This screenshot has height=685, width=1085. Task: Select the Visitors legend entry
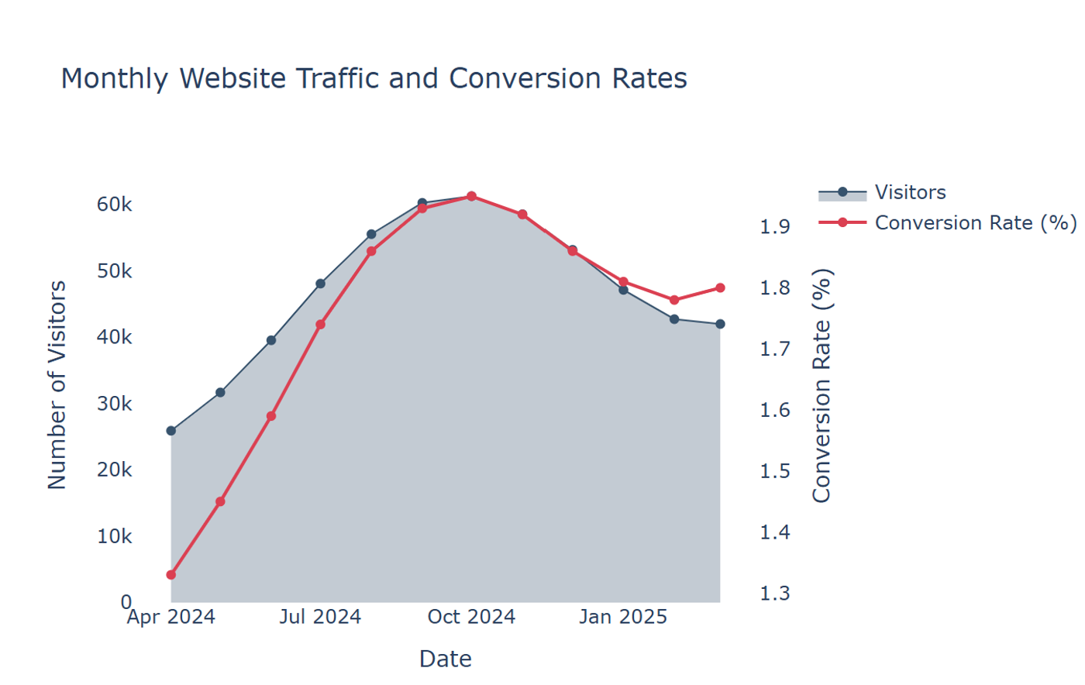coord(882,193)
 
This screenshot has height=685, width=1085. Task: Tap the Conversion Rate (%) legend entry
coord(946,223)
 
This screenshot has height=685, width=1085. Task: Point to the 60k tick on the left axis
coord(115,205)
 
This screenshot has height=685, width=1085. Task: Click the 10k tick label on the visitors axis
coord(115,536)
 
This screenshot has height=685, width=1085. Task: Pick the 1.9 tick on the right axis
coord(774,227)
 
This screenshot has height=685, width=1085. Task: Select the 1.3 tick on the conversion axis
coord(774,594)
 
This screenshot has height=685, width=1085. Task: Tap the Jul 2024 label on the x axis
coord(320,617)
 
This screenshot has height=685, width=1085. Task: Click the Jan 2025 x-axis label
coord(623,617)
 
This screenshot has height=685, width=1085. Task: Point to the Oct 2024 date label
coord(471,617)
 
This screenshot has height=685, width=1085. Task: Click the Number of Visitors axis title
coord(57,385)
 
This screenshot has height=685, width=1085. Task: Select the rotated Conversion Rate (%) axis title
coord(821,386)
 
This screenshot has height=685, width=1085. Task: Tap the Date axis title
coord(445,659)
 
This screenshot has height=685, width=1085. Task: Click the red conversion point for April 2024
coord(171,575)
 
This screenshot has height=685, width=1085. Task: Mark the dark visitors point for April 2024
coord(171,431)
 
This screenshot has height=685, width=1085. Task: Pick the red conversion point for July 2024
coord(320,325)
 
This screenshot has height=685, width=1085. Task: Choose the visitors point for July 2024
coord(320,284)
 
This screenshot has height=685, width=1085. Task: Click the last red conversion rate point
coord(720,287)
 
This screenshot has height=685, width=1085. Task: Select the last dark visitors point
coord(720,324)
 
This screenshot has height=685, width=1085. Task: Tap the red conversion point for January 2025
coord(623,282)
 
